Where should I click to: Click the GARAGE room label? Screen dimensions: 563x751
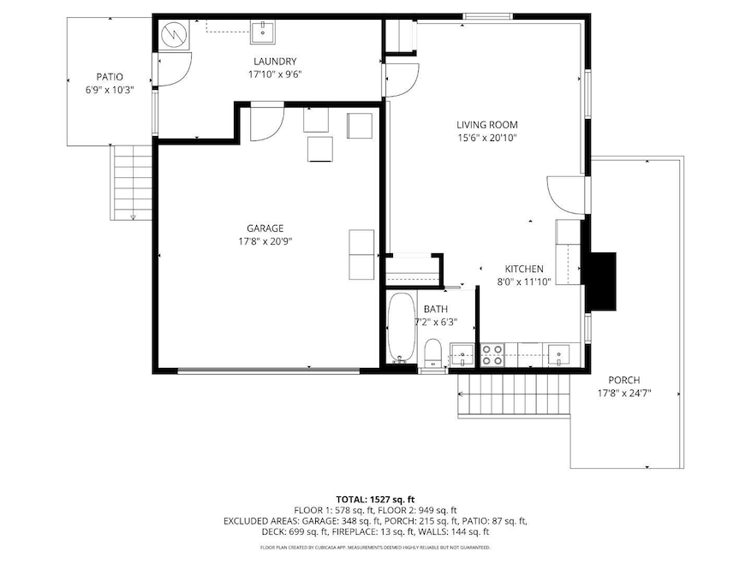click(x=265, y=228)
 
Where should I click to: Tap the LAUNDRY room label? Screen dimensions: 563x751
click(x=275, y=61)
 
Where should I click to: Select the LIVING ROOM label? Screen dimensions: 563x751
click(x=486, y=124)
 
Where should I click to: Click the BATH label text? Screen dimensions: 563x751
click(x=435, y=309)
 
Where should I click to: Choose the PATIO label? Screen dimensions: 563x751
click(x=109, y=76)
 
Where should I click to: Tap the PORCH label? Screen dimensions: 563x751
click(x=623, y=380)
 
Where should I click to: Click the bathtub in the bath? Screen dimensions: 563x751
click(x=401, y=329)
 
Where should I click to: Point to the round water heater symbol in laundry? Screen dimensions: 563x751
click(x=174, y=35)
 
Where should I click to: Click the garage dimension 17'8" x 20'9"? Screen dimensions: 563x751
click(x=265, y=241)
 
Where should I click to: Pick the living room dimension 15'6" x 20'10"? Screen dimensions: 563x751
click(x=486, y=138)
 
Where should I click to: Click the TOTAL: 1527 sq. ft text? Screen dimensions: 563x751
click(x=375, y=498)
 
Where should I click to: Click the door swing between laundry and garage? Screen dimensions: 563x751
click(x=266, y=123)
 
